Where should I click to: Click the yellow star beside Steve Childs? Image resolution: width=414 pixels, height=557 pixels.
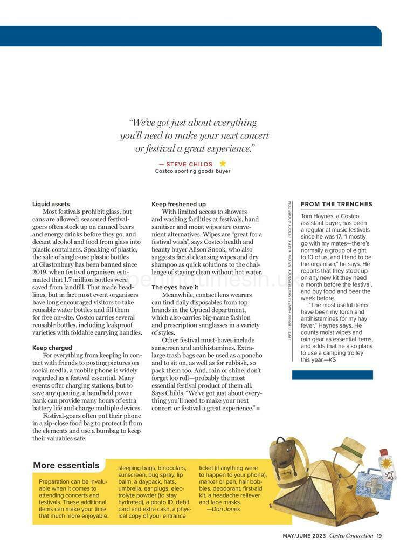pos(223,164)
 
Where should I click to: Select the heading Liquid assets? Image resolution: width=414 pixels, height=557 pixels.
pos(51,204)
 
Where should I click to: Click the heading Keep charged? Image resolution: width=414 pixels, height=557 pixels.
pos(52,348)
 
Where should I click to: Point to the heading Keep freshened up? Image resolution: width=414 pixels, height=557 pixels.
pos(178,204)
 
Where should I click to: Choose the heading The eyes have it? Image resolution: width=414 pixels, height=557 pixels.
pos(175,287)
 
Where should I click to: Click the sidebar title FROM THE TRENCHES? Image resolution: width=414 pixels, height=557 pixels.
pos(336,204)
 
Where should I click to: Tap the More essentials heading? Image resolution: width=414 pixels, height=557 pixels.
pos(66,465)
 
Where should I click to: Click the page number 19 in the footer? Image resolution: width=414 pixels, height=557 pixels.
pos(379,535)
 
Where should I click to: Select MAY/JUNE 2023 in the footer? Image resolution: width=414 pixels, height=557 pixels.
pos(304,535)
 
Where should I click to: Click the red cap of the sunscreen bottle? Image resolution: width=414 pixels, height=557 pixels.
pos(383,452)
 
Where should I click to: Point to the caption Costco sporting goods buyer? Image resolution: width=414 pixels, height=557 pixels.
pos(192,171)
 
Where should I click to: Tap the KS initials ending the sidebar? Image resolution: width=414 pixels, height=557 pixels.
pos(332,359)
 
